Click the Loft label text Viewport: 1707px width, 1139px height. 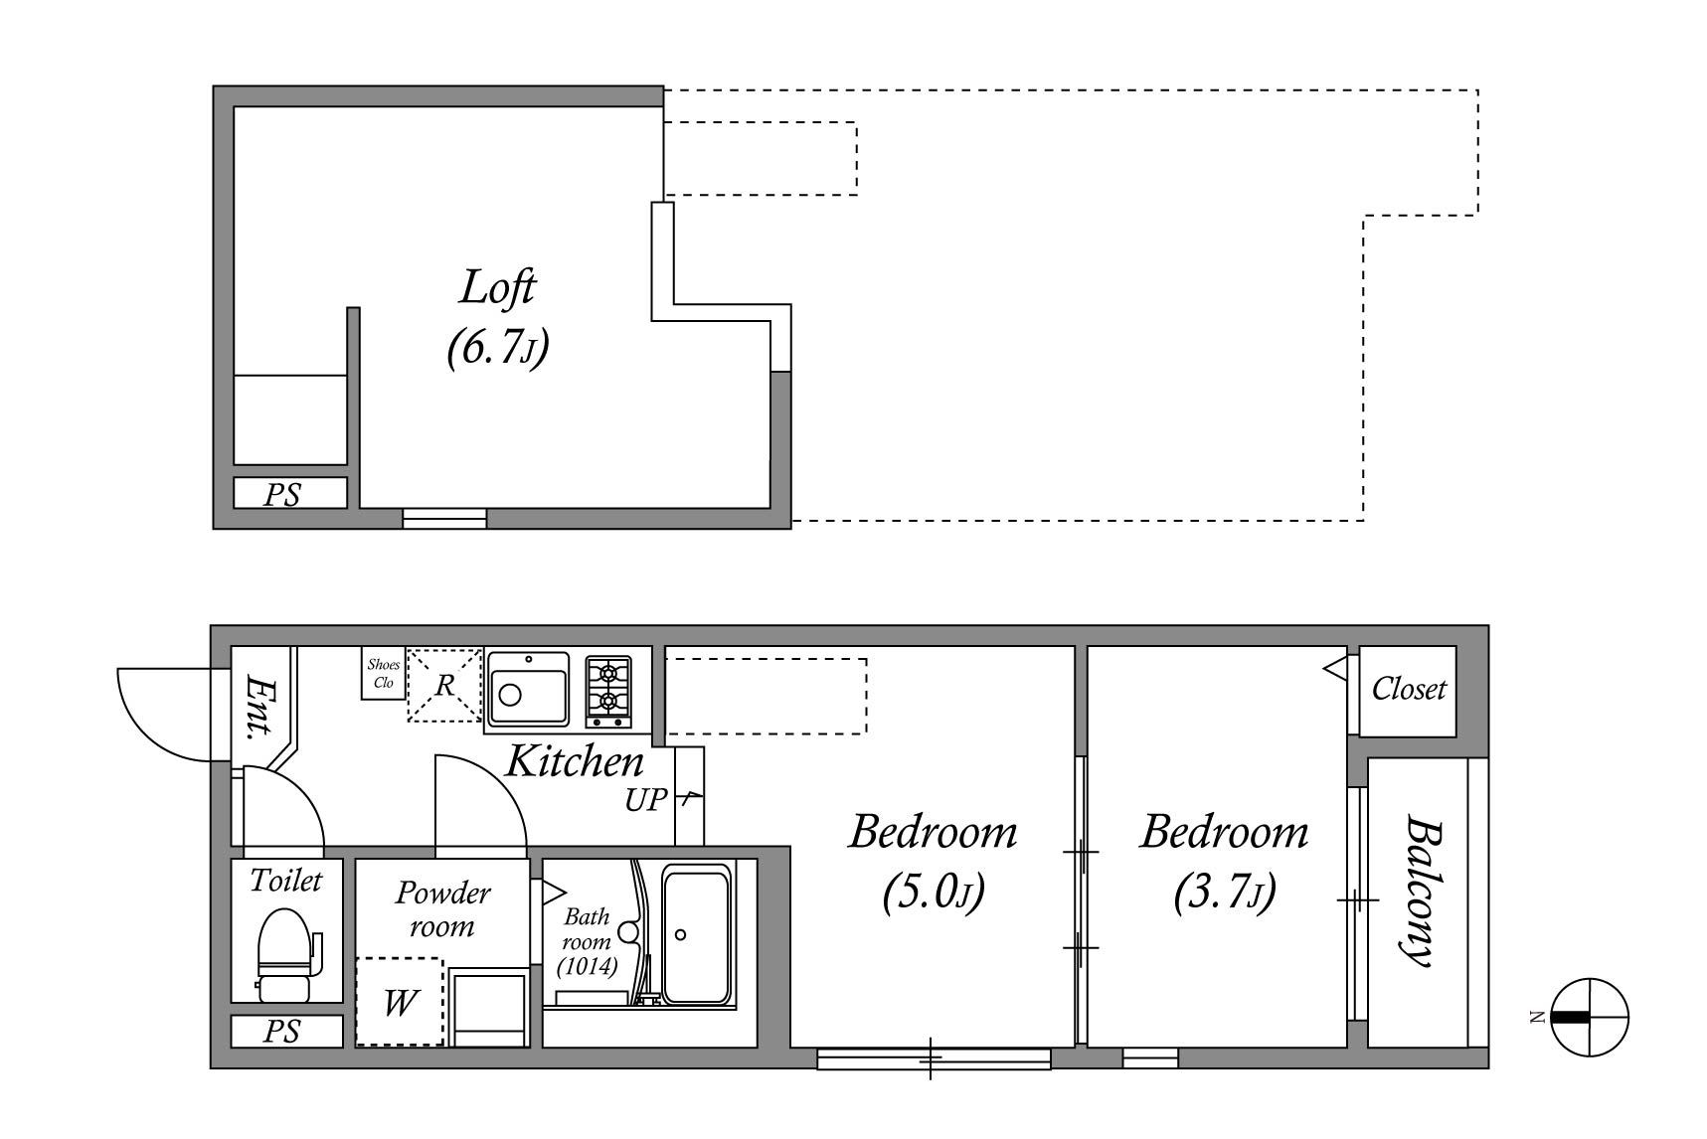coord(498,288)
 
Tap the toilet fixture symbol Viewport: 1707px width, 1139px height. coord(287,955)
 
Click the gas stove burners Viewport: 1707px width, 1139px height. coord(607,686)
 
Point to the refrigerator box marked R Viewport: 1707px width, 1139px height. coord(444,685)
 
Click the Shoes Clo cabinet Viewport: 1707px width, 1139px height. coord(384,674)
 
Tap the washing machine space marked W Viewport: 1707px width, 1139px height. coord(400,1002)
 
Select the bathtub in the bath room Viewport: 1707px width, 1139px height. coord(696,934)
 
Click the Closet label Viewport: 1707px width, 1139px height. coord(1409,689)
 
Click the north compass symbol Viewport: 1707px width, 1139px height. coord(1589,1017)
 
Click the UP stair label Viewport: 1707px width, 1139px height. coord(645,800)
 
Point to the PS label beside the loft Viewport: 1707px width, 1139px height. coord(281,494)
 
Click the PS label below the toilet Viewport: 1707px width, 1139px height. coord(281,1032)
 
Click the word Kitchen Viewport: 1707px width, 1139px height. coord(575,762)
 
